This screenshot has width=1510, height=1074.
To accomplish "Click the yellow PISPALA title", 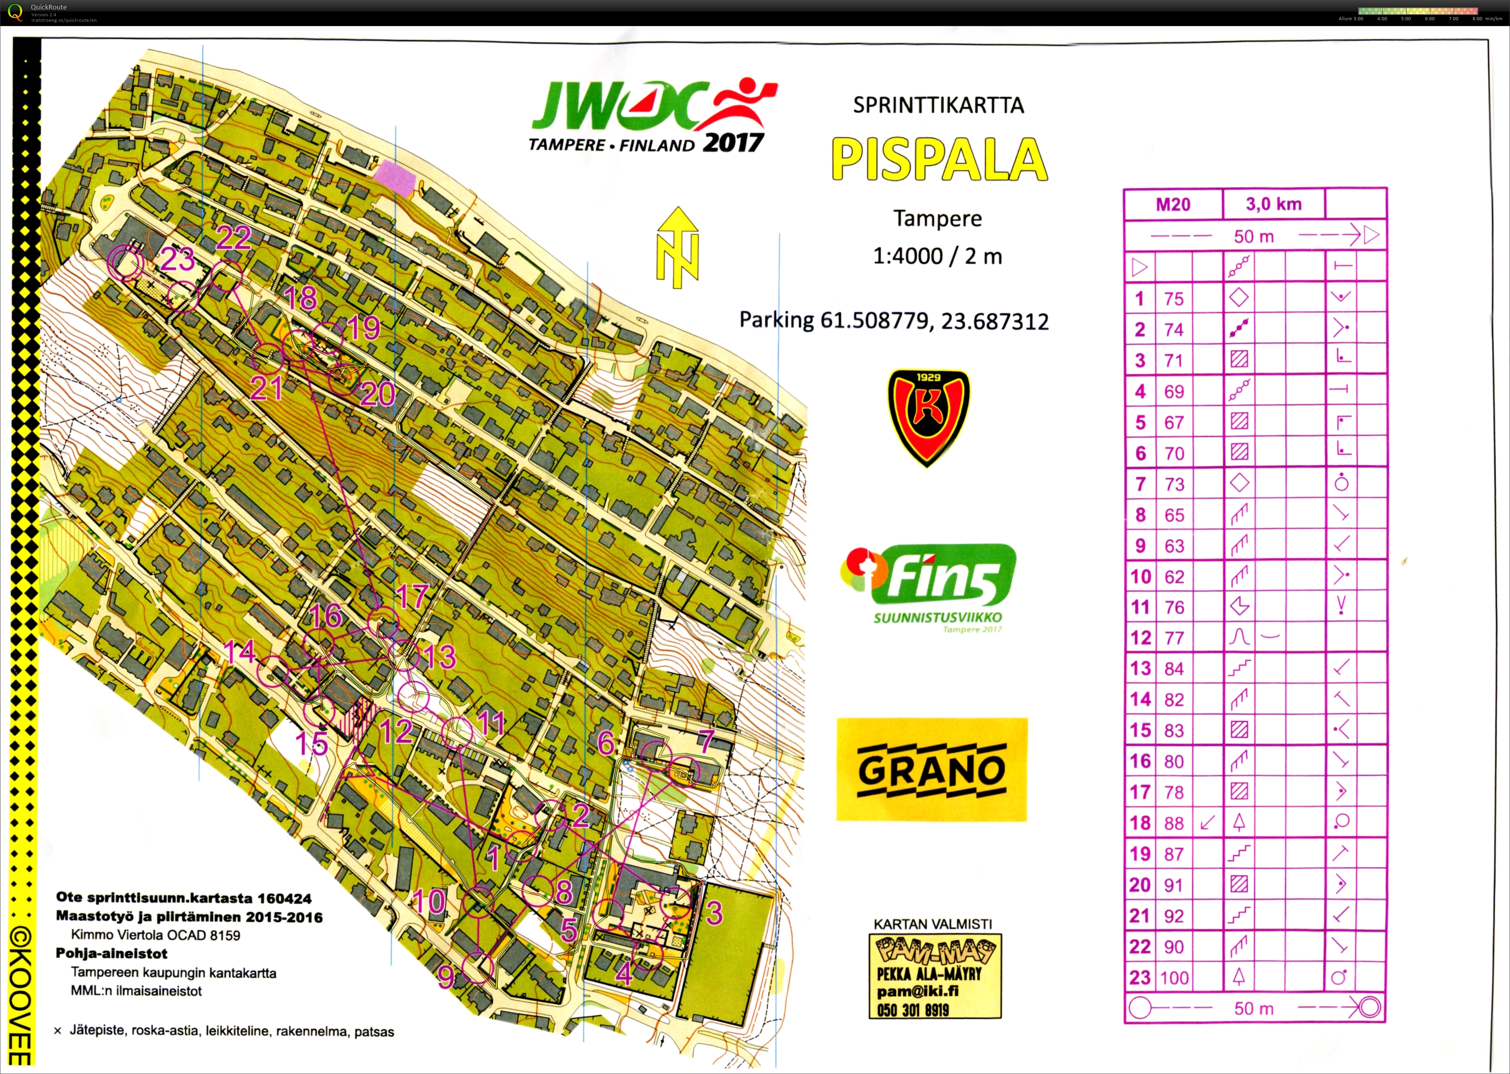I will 939,159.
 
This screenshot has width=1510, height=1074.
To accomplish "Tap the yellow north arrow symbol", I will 677,247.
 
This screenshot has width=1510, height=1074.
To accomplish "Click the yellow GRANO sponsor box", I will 931,769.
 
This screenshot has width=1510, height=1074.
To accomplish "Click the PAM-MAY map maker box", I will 935,975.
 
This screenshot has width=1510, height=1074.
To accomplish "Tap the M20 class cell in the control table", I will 1173,204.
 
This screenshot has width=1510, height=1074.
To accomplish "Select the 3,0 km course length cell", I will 1273,204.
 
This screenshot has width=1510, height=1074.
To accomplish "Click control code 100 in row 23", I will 1174,977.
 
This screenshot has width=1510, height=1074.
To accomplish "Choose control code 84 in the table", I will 1174,668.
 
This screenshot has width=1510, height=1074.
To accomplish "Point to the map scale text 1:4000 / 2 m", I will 937,256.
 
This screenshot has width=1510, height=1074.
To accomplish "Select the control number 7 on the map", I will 706,741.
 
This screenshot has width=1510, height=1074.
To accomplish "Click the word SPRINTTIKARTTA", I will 938,105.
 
